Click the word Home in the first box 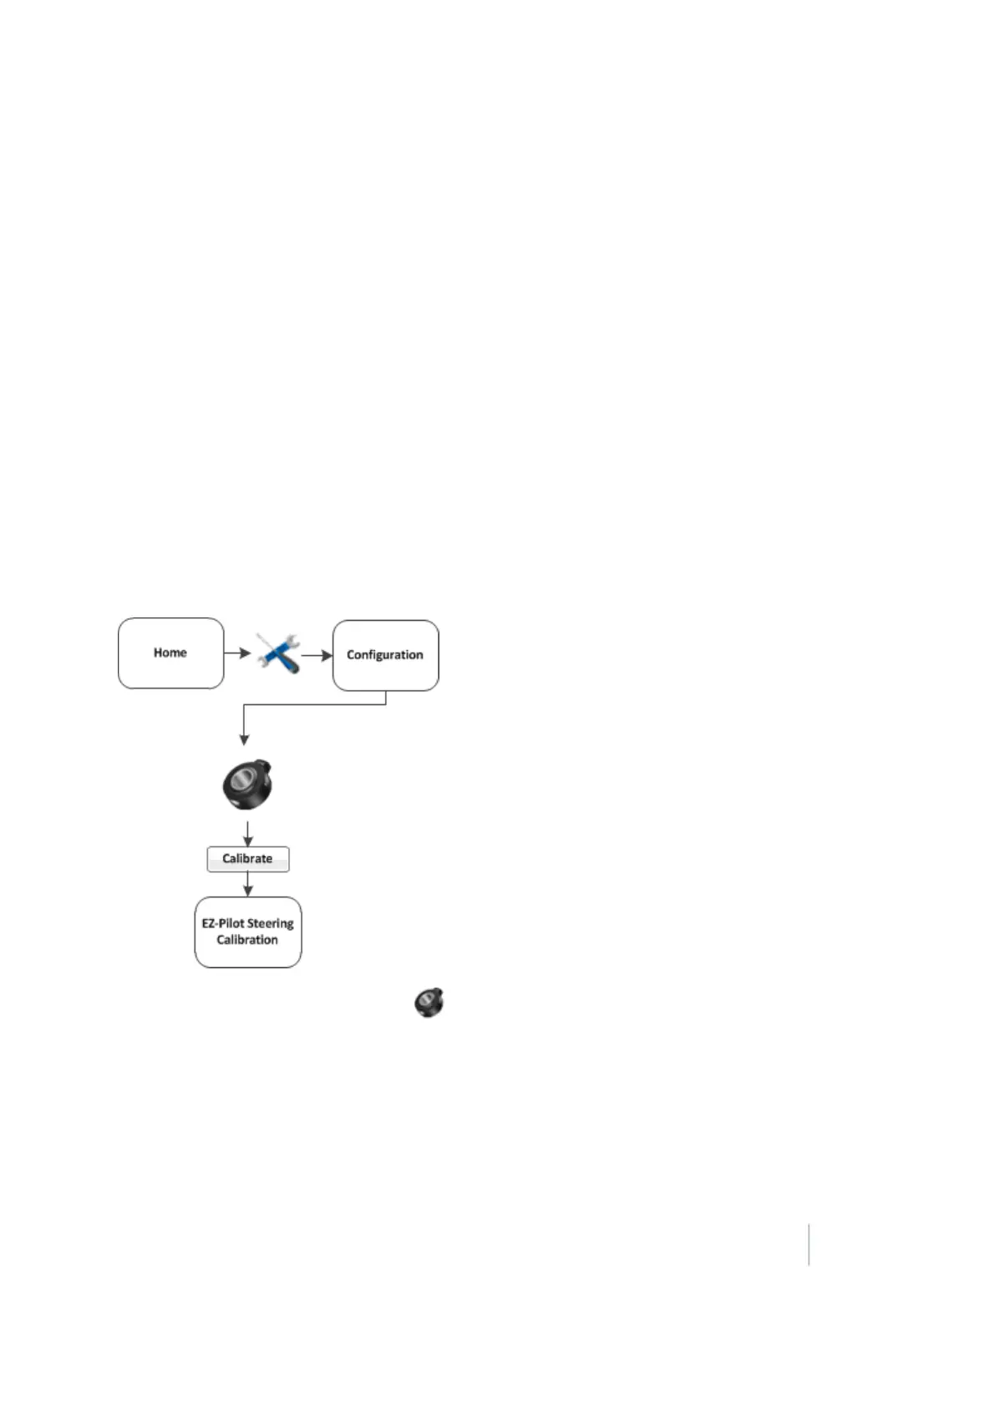pyautogui.click(x=170, y=653)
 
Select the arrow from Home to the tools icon pyautogui.click(x=237, y=653)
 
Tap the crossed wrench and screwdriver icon pyautogui.click(x=277, y=653)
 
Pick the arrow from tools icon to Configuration pyautogui.click(x=317, y=656)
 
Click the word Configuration pyautogui.click(x=384, y=655)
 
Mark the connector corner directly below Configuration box pyautogui.click(x=386, y=704)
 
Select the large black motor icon pyautogui.click(x=248, y=785)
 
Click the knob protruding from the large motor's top pyautogui.click(x=266, y=764)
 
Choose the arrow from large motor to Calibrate pyautogui.click(x=248, y=834)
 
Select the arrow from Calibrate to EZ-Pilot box pyautogui.click(x=248, y=885)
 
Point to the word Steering pyautogui.click(x=271, y=923)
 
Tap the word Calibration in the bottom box pyautogui.click(x=247, y=940)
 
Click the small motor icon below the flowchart pyautogui.click(x=429, y=1002)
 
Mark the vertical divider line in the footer pyautogui.click(x=809, y=1244)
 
